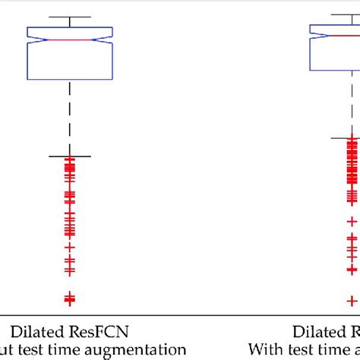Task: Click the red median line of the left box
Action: click(x=70, y=39)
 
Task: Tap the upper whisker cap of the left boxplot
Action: click(x=70, y=17)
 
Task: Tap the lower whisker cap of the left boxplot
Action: click(x=70, y=156)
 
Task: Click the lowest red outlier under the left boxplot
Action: click(x=70, y=299)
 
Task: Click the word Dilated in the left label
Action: click(x=36, y=332)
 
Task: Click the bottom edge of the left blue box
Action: click(x=70, y=78)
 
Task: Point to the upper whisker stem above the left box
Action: click(x=70, y=22)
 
